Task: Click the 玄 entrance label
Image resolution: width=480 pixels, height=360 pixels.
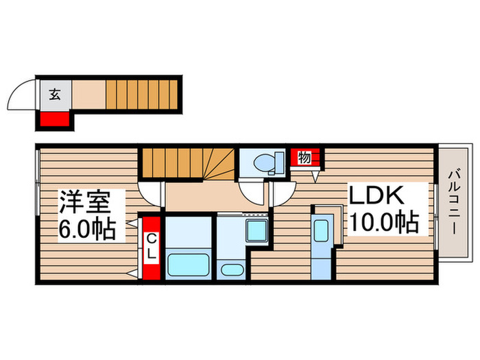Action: click(x=54, y=95)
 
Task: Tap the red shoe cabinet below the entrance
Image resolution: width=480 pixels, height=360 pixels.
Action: click(x=54, y=119)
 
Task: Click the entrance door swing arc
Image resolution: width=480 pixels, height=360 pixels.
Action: click(x=22, y=96)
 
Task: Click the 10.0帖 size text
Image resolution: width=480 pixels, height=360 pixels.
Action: click(x=384, y=222)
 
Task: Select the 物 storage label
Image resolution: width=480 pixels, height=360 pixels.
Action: click(x=304, y=158)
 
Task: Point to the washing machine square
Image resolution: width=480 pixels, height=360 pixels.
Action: click(x=257, y=231)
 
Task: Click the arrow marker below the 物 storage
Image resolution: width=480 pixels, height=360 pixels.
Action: click(x=315, y=177)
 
